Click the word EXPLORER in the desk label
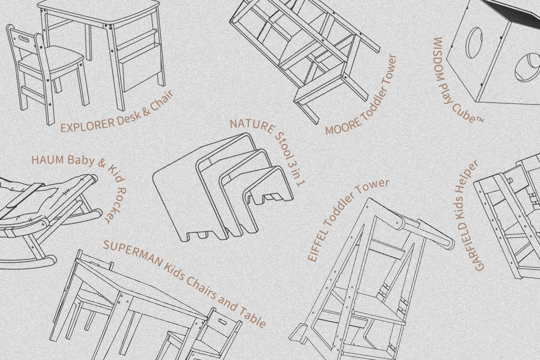coord(87,126)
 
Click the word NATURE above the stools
coord(252,126)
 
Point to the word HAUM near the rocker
coord(48,160)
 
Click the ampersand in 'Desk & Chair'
coord(146,111)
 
